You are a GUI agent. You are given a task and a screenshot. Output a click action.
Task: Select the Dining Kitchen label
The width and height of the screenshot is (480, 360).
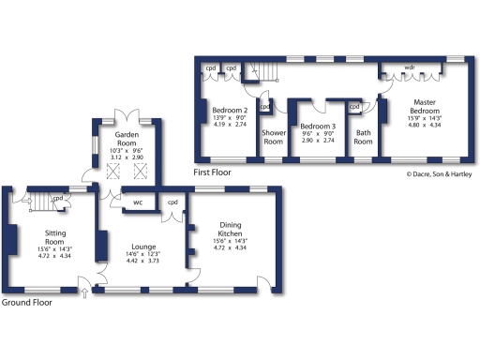point(230,230)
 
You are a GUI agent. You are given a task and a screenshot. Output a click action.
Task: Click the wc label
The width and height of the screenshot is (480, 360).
point(137,202)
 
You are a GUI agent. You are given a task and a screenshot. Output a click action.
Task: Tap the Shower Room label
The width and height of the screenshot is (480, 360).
point(274,137)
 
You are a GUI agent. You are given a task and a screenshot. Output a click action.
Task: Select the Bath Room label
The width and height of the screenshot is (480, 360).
point(364,137)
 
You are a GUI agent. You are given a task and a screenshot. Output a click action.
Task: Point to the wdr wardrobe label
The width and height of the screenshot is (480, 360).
point(410,67)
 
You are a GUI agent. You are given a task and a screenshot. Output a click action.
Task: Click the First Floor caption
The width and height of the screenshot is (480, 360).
point(213,172)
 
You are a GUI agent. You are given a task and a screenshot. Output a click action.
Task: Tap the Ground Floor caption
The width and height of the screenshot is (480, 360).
point(25,303)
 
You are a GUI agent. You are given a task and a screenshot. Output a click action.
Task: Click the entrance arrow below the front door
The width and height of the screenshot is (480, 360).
point(86,294)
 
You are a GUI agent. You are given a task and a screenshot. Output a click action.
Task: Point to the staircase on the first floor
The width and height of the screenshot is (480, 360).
point(269,70)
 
